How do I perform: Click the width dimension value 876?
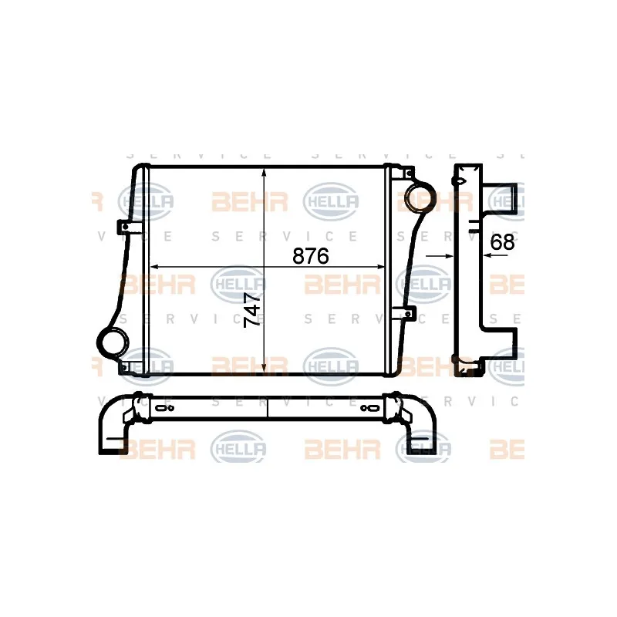[x=311, y=256]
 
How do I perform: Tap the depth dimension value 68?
[x=502, y=241]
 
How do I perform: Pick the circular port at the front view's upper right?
[x=419, y=193]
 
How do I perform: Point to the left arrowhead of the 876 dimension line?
[x=152, y=267]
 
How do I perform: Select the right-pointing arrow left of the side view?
[x=447, y=255]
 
